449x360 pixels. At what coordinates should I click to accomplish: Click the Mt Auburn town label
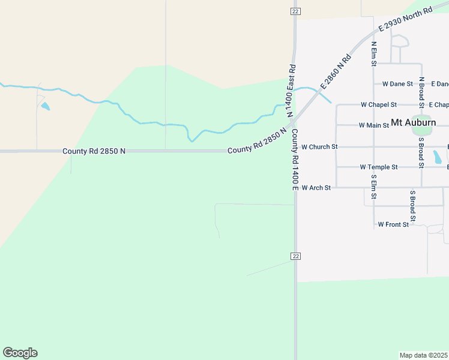pyautogui.click(x=413, y=122)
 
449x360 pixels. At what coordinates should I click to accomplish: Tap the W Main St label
pyautogui.click(x=373, y=125)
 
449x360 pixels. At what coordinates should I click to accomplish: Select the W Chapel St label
pyautogui.click(x=378, y=104)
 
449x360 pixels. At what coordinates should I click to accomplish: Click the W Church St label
pyautogui.click(x=319, y=146)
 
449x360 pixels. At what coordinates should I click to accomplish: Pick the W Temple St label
pyautogui.click(x=379, y=167)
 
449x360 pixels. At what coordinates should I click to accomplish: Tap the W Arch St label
pyautogui.click(x=316, y=188)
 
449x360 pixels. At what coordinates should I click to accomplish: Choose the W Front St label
pyautogui.click(x=393, y=224)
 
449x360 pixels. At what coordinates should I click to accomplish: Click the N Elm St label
pyautogui.click(x=373, y=53)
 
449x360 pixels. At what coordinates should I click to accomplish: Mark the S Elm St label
pyautogui.click(x=373, y=187)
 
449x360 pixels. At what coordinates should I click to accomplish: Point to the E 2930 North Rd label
pyautogui.click(x=405, y=20)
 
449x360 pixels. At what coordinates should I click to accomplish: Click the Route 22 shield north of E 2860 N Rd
pyautogui.click(x=295, y=11)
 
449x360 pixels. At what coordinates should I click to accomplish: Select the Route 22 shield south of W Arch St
pyautogui.click(x=295, y=256)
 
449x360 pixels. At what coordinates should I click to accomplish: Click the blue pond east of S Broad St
pyautogui.click(x=438, y=157)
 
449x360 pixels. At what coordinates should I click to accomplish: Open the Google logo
pyautogui.click(x=20, y=353)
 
